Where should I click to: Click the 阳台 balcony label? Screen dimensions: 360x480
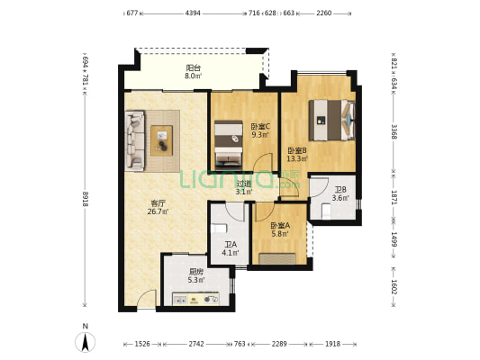pyautogui.click(x=192, y=67)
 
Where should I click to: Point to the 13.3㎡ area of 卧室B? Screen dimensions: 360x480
pyautogui.click(x=297, y=159)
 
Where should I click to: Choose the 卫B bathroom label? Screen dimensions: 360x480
pyautogui.click(x=340, y=190)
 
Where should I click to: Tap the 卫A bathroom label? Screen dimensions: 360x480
pyautogui.click(x=231, y=244)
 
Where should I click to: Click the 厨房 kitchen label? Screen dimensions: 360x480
pyautogui.click(x=195, y=271)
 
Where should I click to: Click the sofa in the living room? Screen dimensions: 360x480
pyautogui.click(x=134, y=140)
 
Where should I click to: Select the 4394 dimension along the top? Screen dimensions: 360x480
pyautogui.click(x=193, y=13)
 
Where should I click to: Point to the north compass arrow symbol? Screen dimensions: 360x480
pyautogui.click(x=85, y=342)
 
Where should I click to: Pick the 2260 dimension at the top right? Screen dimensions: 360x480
pyautogui.click(x=325, y=13)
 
